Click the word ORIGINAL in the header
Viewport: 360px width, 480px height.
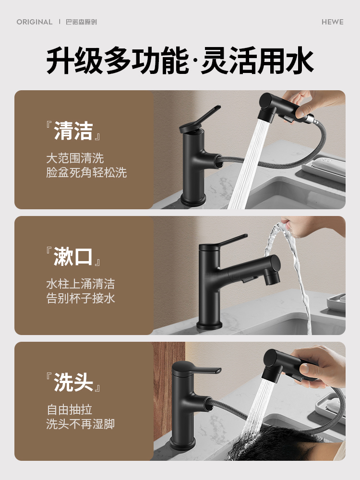coord(35,22)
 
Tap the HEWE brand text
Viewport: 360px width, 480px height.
coord(332,22)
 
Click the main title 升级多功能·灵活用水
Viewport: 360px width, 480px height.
coord(180,61)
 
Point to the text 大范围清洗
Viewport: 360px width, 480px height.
coord(75,157)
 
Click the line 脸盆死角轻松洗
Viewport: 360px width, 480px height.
coord(86,173)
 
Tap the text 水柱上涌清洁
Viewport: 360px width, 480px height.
coord(81,284)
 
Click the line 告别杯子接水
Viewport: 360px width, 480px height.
coord(81,299)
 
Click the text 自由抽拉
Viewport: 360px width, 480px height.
coord(69,409)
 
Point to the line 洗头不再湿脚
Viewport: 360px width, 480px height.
coord(81,424)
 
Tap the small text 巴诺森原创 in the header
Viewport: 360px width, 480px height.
coord(81,22)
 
